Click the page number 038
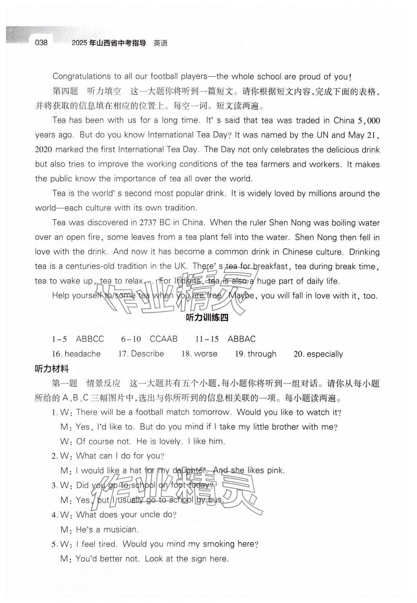(x=41, y=43)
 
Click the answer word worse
(x=205, y=354)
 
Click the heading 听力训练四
(x=207, y=318)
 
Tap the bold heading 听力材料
(x=52, y=369)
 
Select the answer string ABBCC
(x=90, y=339)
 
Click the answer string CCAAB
(x=163, y=339)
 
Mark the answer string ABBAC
(x=242, y=339)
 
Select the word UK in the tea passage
(x=180, y=266)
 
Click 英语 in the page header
(x=160, y=43)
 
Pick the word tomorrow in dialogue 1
(x=212, y=412)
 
